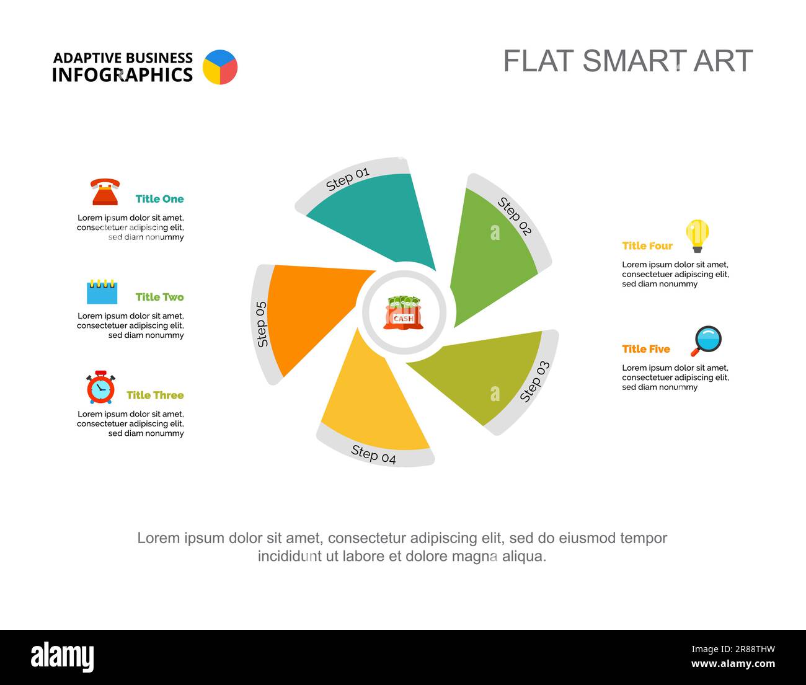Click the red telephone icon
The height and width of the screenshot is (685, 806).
[x=105, y=192]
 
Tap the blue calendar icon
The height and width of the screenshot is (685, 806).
[x=102, y=291]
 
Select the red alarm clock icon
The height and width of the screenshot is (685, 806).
[x=100, y=387]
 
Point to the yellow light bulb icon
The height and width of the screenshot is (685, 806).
[x=697, y=236]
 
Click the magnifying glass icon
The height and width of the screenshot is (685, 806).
[x=706, y=341]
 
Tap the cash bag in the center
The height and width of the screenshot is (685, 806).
[x=404, y=312]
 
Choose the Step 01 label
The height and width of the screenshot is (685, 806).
[x=347, y=179]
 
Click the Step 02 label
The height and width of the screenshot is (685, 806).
[x=515, y=216]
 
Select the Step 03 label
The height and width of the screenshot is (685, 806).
[x=535, y=382]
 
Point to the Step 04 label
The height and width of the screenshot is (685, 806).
[x=373, y=454]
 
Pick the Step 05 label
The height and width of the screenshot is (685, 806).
[x=262, y=324]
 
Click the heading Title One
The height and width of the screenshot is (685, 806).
[x=159, y=199]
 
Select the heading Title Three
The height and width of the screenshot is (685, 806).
[x=155, y=396]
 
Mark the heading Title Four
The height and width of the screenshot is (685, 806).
[x=647, y=245]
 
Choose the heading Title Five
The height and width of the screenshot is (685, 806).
[x=646, y=349]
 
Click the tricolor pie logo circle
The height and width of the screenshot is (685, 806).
[x=220, y=67]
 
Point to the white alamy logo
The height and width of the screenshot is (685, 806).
[x=63, y=656]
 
